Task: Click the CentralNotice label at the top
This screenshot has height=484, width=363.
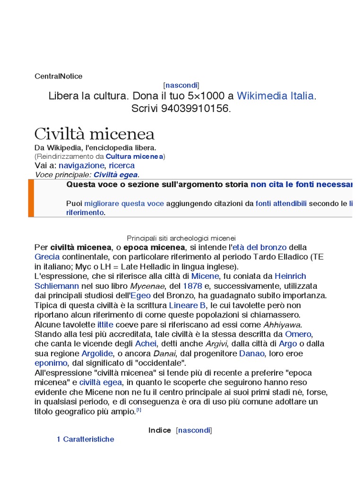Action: point(59,76)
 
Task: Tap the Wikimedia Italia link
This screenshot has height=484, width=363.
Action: point(275,96)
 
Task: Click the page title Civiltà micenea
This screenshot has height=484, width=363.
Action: point(95,134)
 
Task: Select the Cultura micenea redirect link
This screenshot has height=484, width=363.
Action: point(134,156)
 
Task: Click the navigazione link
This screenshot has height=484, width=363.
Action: point(81,165)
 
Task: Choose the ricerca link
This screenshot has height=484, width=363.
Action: point(121,165)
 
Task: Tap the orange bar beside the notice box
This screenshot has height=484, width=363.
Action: point(31,198)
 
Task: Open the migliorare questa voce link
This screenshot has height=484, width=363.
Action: point(124,204)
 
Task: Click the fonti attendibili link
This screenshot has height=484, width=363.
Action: point(281,204)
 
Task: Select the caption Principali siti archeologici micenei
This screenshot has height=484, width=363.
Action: point(181,238)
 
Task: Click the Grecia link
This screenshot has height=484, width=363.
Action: point(47,257)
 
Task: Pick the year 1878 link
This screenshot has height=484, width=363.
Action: point(192,286)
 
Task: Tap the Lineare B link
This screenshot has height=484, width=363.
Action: point(188,305)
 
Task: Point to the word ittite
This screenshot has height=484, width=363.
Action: point(105,325)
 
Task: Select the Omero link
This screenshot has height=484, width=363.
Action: point(298,334)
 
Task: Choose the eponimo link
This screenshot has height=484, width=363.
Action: point(52,363)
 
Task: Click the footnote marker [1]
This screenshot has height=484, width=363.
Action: point(138,410)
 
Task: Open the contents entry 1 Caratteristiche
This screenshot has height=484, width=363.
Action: point(86,440)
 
